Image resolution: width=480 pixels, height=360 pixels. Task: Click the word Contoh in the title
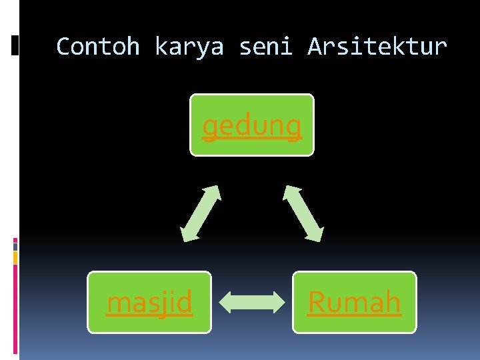pyautogui.click(x=98, y=47)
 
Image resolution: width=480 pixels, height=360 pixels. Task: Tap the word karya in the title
pyautogui.click(x=189, y=47)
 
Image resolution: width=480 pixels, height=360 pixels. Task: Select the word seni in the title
pyautogui.click(x=265, y=47)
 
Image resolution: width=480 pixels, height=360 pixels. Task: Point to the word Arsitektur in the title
pyautogui.click(x=377, y=47)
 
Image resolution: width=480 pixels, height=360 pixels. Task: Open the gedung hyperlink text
pyautogui.click(x=252, y=125)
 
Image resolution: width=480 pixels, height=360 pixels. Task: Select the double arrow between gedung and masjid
pyautogui.click(x=201, y=213)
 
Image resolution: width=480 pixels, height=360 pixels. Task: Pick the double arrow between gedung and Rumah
pyautogui.click(x=303, y=213)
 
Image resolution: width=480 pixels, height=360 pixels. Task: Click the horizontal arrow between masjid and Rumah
pyautogui.click(x=252, y=302)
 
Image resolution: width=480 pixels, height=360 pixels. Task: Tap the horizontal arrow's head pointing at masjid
pyautogui.click(x=225, y=302)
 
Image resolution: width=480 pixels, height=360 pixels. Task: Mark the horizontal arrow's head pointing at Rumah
pyautogui.click(x=279, y=302)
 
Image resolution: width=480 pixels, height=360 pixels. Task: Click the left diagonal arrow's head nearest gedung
pyautogui.click(x=215, y=190)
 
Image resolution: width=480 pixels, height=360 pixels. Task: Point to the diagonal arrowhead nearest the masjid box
pyautogui.click(x=185, y=235)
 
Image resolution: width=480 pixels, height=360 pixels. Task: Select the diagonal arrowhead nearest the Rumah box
pyautogui.click(x=317, y=235)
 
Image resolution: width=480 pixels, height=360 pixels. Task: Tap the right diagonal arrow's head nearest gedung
pyautogui.click(x=289, y=190)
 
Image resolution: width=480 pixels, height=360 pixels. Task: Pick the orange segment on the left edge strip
pyautogui.click(x=15, y=257)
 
